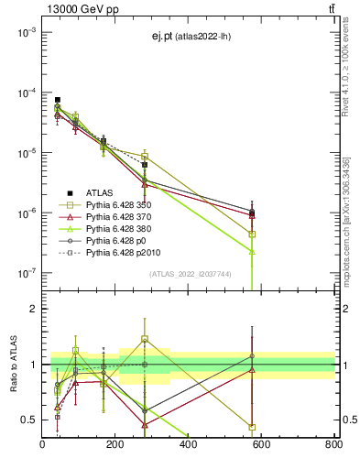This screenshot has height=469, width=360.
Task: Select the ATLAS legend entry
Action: click(101, 192)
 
